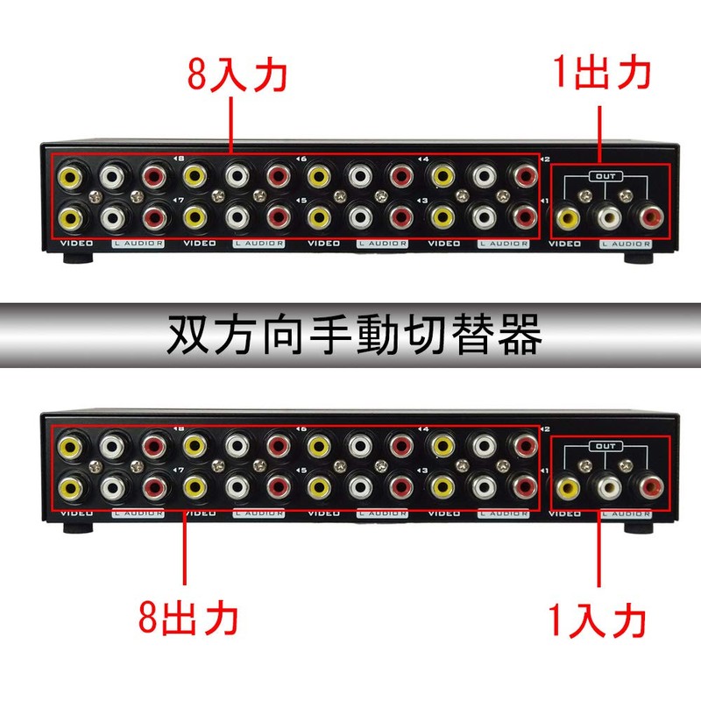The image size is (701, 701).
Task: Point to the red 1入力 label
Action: click(x=601, y=621)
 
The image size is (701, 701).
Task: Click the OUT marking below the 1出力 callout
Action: click(x=604, y=176)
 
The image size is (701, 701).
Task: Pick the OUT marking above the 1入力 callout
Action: click(x=604, y=446)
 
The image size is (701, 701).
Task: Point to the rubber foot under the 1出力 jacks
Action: click(x=638, y=258)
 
